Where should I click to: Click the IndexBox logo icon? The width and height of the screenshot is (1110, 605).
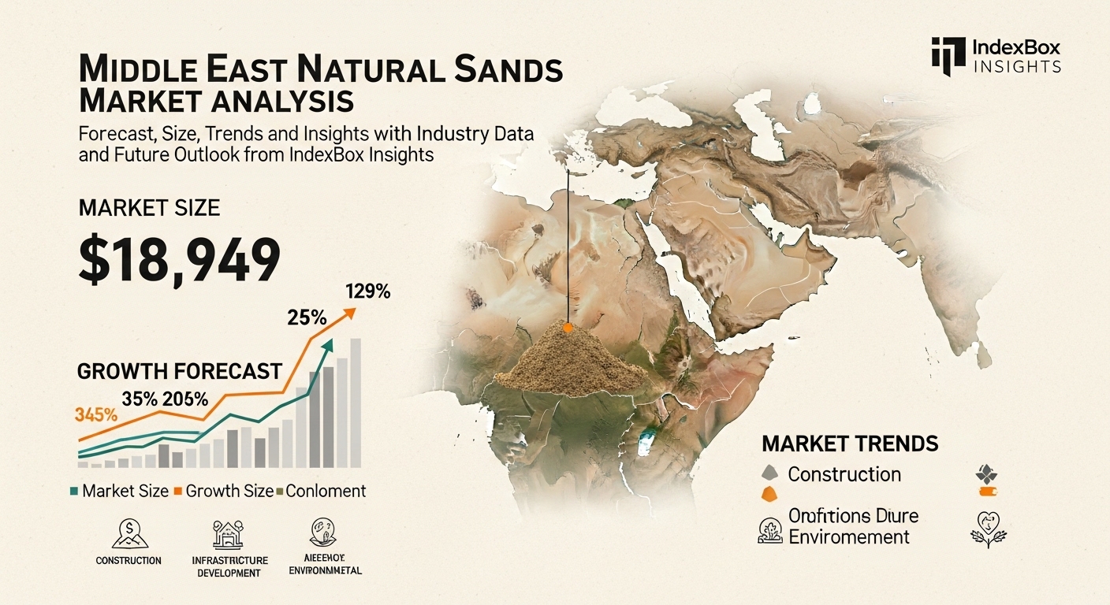(948, 56)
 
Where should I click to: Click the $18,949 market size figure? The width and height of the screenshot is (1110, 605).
(179, 260)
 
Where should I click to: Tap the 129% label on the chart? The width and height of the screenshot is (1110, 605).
(367, 291)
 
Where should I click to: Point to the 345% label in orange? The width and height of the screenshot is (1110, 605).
(96, 414)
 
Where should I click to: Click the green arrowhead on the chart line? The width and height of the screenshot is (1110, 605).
(329, 344)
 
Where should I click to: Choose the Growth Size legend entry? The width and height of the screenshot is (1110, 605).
(223, 491)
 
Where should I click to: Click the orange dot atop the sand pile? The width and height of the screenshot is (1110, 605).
(567, 325)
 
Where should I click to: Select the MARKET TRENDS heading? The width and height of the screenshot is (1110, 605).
(850, 444)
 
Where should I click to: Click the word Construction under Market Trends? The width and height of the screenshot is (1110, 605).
(844, 474)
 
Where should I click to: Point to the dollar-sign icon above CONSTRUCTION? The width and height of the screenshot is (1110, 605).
(128, 533)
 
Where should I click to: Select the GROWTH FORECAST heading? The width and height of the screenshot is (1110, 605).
(179, 371)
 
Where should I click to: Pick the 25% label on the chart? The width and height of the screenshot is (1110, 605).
(307, 318)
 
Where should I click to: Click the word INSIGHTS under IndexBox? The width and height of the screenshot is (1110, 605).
(1018, 66)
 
